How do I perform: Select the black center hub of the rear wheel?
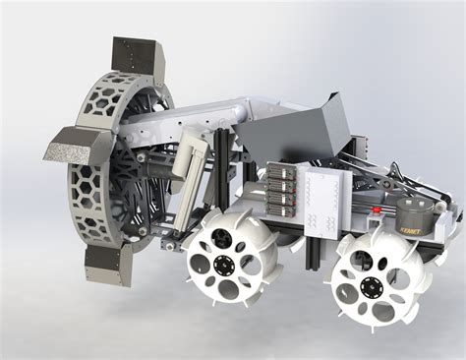point(372,287)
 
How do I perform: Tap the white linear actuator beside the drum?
point(188,156)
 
